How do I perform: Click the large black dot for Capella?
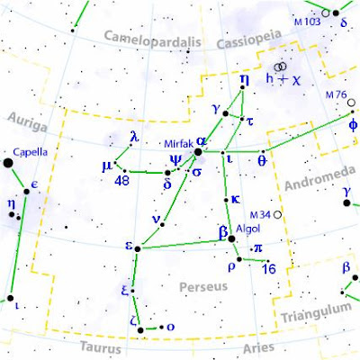8,163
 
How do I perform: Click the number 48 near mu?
123,181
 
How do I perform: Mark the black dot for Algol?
231,239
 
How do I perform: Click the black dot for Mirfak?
199,152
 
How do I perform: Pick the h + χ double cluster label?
283,79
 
